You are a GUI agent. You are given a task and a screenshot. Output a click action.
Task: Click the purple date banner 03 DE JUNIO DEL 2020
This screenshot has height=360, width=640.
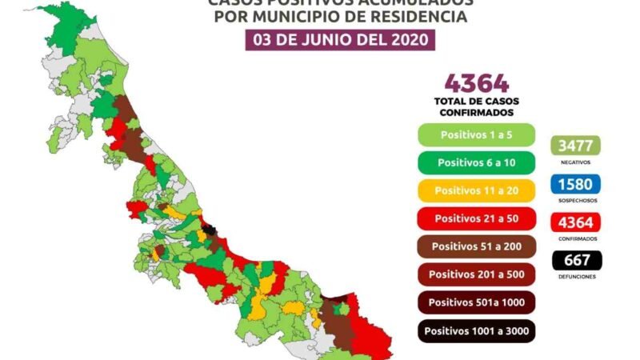coord(341,39)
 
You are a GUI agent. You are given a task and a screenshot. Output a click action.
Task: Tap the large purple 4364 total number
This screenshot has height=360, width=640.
coord(476,83)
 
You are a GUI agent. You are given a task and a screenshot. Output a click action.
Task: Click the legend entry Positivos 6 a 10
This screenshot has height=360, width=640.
coord(476,162)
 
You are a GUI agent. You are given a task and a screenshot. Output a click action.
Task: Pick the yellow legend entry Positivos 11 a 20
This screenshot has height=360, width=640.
coord(476,190)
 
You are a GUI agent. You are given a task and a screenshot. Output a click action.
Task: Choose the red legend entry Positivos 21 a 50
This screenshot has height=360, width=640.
coord(476,218)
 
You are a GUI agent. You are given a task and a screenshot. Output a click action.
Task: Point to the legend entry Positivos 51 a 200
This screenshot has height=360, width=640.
coord(476,246)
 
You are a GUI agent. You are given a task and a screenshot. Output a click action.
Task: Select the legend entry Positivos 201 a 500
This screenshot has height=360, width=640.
coord(476,274)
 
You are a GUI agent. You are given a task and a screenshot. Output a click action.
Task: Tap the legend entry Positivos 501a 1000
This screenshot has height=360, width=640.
coord(476,302)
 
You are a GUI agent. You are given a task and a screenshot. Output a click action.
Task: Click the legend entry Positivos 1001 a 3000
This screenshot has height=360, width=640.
coord(476,330)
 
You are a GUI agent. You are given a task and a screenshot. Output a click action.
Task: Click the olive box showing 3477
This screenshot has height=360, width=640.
coord(575,146)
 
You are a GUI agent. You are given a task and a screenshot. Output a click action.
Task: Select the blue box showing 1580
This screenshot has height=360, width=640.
coord(575,185)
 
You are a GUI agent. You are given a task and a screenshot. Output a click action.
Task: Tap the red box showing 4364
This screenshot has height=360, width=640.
coord(575,223)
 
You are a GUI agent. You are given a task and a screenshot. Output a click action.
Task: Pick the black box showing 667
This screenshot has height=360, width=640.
coord(575,261)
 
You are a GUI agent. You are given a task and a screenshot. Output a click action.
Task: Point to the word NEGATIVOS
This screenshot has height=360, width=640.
coord(575,162)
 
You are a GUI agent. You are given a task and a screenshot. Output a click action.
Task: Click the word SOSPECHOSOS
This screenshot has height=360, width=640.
coord(575,200)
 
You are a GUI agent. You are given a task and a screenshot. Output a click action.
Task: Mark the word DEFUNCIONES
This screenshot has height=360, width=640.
coord(575,276)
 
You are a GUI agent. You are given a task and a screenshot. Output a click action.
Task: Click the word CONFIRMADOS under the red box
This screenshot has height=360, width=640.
coord(575,238)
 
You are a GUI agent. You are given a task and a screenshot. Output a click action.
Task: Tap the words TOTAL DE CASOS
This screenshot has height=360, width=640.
coord(476,102)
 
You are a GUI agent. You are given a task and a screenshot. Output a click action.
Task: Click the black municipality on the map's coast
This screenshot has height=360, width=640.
coord(210,231)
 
